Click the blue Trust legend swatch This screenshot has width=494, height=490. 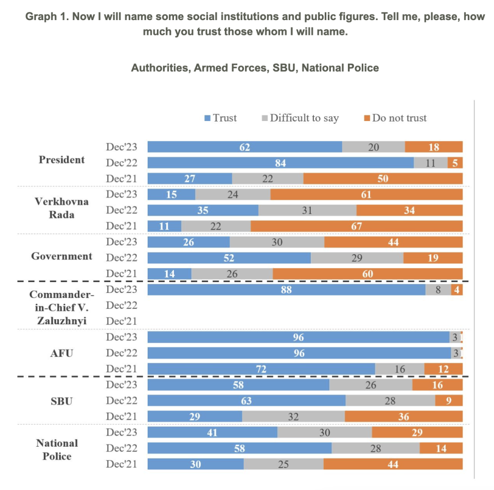coord(207,118)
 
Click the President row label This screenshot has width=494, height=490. coord(62,160)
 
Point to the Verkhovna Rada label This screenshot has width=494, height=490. coord(62,208)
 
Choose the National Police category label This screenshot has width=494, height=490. coord(57,449)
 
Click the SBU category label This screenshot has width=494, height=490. coord(62,400)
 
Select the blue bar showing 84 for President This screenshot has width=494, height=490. coord(280,163)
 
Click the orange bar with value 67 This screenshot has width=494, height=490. coord(356,226)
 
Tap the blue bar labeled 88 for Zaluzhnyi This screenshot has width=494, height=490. coord(286,290)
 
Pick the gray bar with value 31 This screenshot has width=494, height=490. coord(307,211)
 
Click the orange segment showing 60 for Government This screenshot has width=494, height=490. coord(367,274)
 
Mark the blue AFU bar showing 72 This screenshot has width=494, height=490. coord(261,369)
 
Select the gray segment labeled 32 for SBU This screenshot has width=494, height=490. coord(293,416)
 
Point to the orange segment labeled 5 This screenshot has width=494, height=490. coord(455,163)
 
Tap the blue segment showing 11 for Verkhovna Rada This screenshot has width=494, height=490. coord(164,226)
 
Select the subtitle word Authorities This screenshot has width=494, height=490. coord(159,67)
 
